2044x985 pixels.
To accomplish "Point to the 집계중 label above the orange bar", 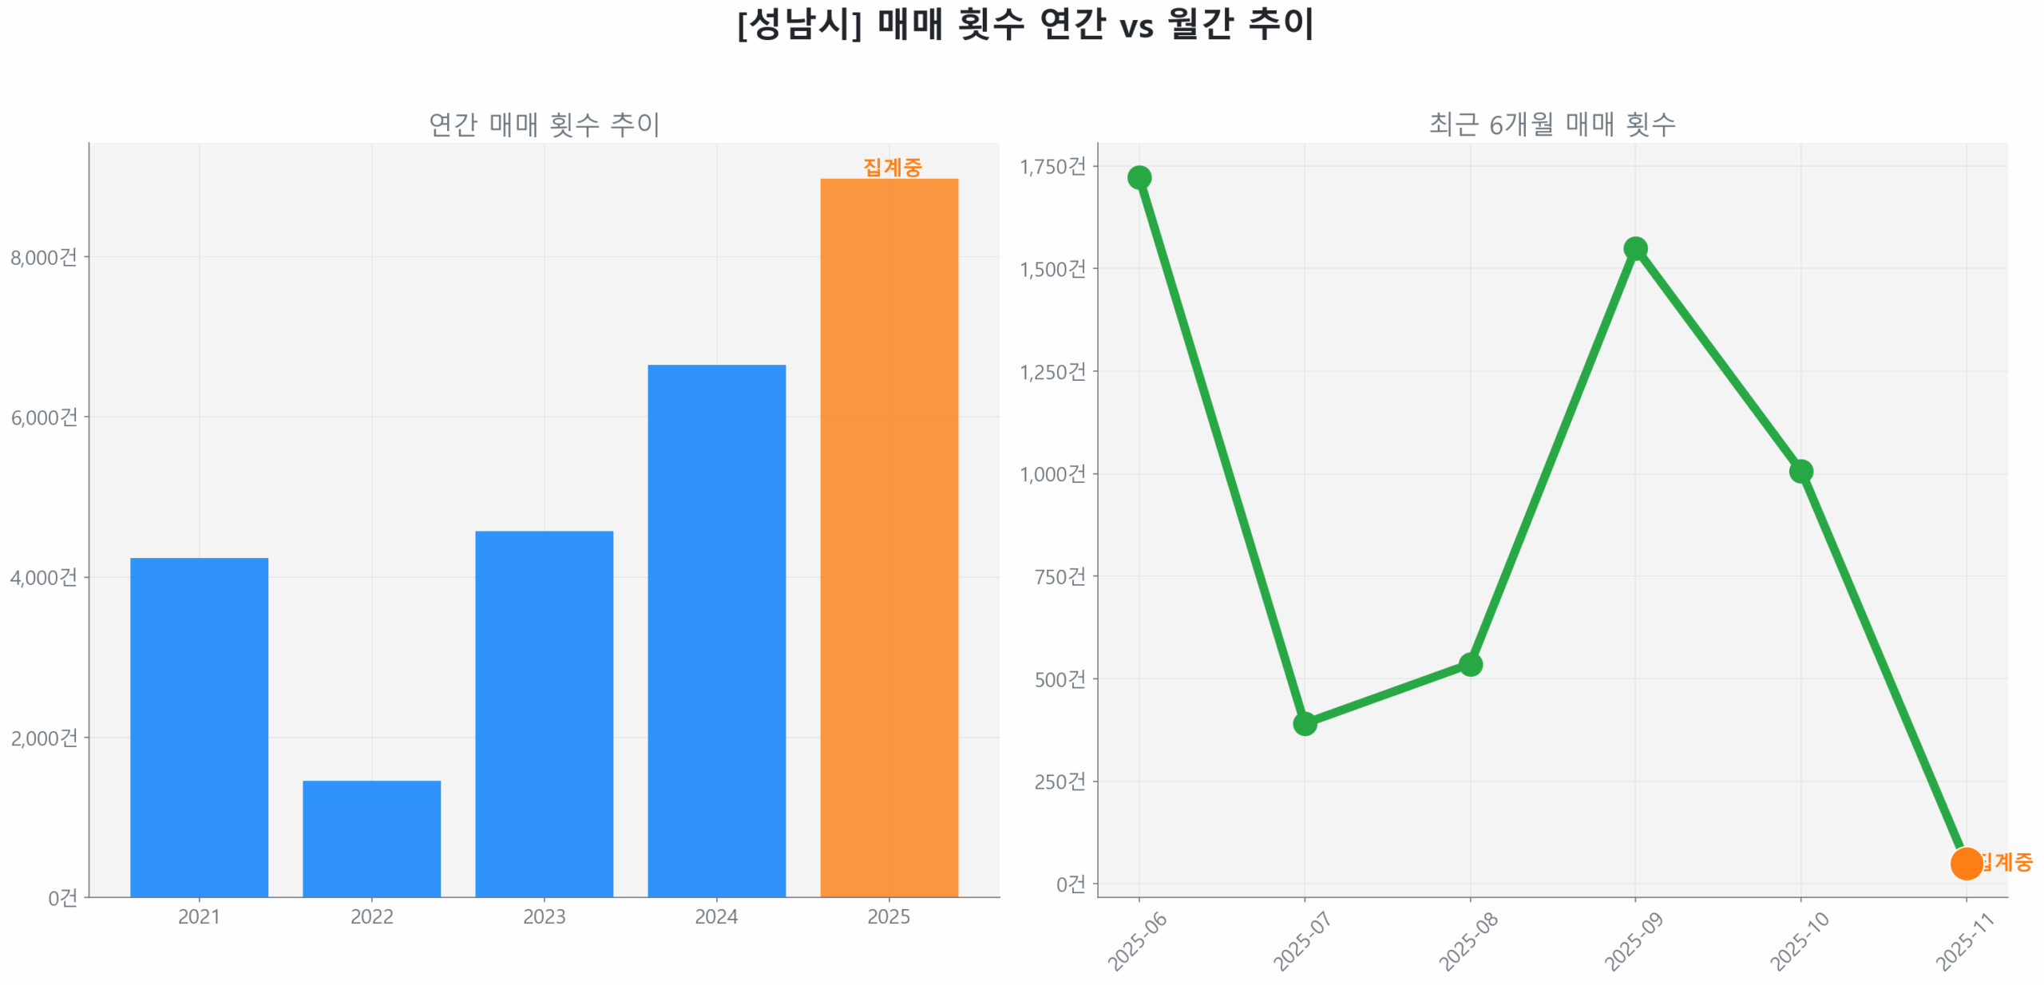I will pos(892,167).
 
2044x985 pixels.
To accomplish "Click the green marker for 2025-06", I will pos(1139,177).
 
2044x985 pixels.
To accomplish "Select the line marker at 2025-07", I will pos(1305,723).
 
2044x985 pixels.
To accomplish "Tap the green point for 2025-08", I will pos(1470,664).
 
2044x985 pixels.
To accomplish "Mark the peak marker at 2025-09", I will pos(1635,249).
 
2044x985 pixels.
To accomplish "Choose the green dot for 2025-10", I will pos(1800,471).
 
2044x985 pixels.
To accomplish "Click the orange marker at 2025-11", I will pos(1966,863).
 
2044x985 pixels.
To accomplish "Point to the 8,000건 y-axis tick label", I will pos(44,257).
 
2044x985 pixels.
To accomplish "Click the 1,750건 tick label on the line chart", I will pos(1052,166).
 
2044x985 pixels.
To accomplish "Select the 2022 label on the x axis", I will pos(371,916).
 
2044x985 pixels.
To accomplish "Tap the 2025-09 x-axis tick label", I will pos(1632,942).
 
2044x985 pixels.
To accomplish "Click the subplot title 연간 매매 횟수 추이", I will pos(544,125).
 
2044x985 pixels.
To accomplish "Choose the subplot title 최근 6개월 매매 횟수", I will pos(1551,125).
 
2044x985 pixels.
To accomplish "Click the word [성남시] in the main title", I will pos(798,24).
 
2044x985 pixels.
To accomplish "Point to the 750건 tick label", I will pos(1060,576).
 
